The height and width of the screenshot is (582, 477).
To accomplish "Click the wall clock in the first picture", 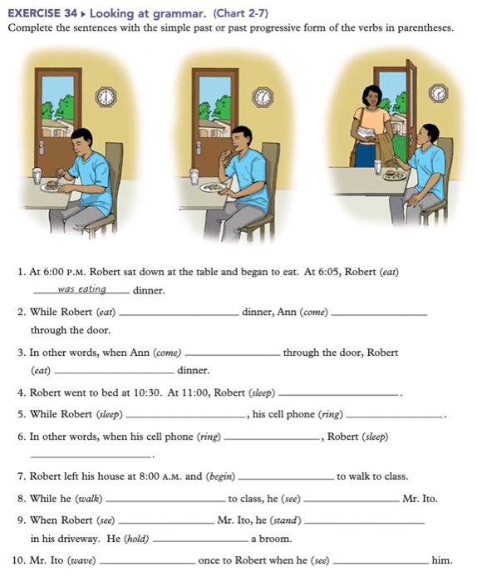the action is (106, 97).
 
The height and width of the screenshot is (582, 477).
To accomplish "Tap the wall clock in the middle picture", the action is (263, 97).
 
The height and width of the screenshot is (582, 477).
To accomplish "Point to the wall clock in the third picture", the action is (438, 92).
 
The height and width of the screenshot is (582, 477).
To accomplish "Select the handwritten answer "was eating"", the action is (82, 289).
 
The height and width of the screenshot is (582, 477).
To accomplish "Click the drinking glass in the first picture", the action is (36, 175).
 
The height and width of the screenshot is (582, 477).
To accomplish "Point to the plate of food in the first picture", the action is (54, 186).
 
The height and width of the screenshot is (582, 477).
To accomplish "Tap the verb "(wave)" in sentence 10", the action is (81, 560).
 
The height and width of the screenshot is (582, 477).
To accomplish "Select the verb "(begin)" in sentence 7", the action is (220, 476).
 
